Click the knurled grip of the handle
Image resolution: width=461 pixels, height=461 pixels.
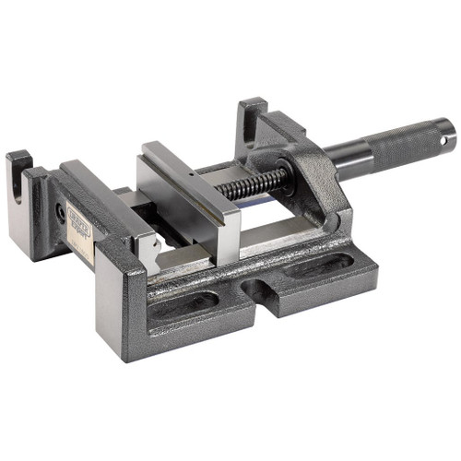[407, 147]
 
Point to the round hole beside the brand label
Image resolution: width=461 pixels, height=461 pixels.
[62, 210]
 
